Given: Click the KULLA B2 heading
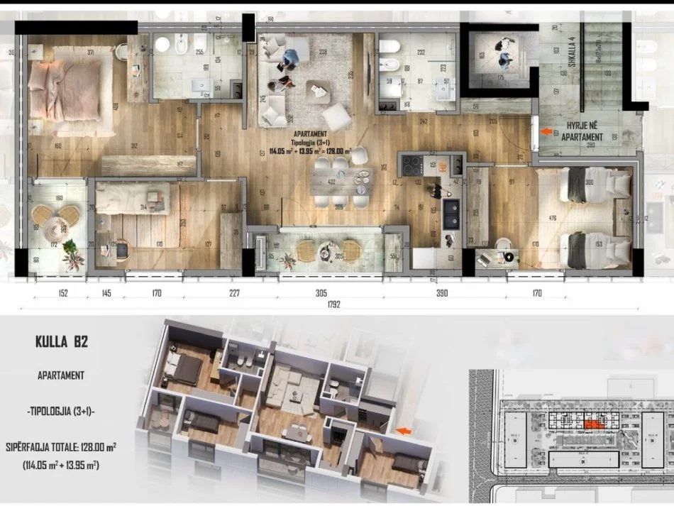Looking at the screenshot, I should (x=62, y=341).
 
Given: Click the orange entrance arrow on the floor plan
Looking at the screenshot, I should (x=546, y=131).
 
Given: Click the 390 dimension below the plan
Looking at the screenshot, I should (x=443, y=292).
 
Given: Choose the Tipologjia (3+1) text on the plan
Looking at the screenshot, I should (x=308, y=141).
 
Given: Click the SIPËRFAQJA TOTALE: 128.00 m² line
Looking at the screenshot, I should (x=61, y=449).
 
